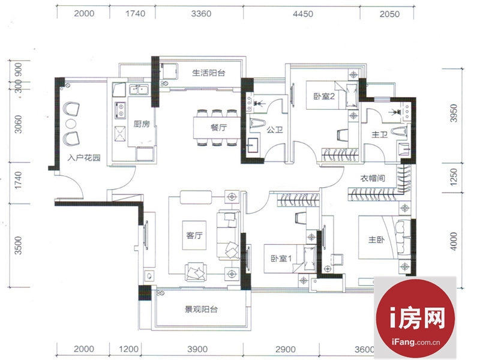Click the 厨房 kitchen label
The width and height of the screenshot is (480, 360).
(142, 124)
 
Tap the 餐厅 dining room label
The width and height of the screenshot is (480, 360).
(218, 127)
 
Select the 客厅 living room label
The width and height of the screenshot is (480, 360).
(194, 235)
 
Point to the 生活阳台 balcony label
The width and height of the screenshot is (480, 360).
(209, 73)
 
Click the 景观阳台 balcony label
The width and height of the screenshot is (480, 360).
(201, 309)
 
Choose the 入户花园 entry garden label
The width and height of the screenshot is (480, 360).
(84, 158)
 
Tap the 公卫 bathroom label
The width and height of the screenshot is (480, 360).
(275, 130)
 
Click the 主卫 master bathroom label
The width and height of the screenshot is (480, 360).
(380, 134)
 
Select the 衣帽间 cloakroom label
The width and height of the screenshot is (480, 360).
(373, 178)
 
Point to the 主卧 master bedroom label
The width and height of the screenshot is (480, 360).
(376, 239)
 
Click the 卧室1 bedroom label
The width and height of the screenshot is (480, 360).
(281, 259)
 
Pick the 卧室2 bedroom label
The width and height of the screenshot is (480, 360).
(324, 96)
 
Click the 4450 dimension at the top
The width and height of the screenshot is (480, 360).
(303, 14)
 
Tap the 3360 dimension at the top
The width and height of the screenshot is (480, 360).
(201, 14)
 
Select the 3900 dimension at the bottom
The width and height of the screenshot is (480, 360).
(197, 349)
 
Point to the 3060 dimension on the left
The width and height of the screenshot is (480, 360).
(19, 124)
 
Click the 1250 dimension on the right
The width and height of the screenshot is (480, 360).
(454, 176)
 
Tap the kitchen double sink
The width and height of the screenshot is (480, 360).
(139, 89)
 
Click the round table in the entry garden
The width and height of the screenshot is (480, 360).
(71, 124)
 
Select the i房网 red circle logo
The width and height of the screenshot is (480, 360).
(415, 318)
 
